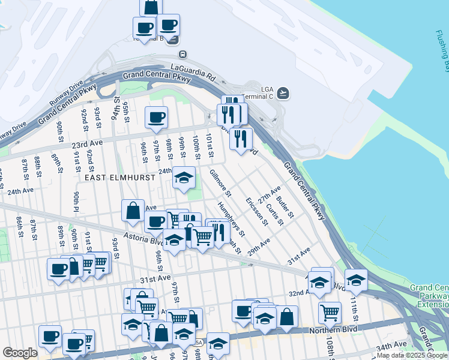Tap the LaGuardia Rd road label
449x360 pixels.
pyautogui.click(x=193, y=72)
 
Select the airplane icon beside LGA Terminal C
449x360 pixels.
pyautogui.click(x=283, y=93)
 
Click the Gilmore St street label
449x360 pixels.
pyautogui.click(x=220, y=184)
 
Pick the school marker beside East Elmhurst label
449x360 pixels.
pyautogui.click(x=184, y=177)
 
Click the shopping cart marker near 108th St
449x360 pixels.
pyautogui.click(x=330, y=311)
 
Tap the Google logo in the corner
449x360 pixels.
pyautogui.click(x=19, y=353)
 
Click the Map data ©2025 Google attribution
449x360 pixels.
pyautogui.click(x=411, y=355)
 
